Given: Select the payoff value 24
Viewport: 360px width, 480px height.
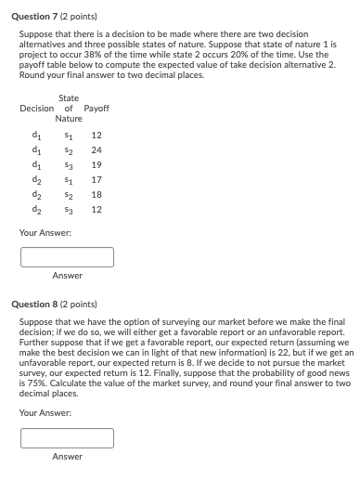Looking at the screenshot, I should pyautogui.click(x=96, y=149).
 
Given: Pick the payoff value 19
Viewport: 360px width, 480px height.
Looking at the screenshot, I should pyautogui.click(x=96, y=164).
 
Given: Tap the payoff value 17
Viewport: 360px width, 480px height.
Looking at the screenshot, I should pyautogui.click(x=96, y=179).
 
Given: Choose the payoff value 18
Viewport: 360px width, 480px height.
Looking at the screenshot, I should pyautogui.click(x=96, y=194).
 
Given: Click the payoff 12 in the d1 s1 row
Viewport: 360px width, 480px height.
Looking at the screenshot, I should pyautogui.click(x=96, y=135).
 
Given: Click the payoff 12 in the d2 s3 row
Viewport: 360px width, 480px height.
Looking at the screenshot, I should pyautogui.click(x=96, y=209).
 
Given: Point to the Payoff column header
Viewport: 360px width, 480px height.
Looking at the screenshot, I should pyautogui.click(x=96, y=109).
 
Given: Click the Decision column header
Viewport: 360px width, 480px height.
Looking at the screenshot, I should pyautogui.click(x=36, y=109).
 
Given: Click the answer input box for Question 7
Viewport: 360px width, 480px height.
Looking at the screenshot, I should pyautogui.click(x=67, y=256).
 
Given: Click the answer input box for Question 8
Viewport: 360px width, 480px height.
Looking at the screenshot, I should pyautogui.click(x=67, y=437).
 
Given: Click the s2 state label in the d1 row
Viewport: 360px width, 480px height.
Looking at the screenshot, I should pyautogui.click(x=67, y=149).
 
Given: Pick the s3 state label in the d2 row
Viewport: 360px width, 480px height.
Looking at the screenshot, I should pyautogui.click(x=67, y=209).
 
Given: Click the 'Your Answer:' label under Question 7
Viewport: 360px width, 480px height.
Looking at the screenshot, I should pyautogui.click(x=45, y=232).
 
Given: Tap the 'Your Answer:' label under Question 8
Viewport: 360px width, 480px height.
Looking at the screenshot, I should pyautogui.click(x=45, y=412).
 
